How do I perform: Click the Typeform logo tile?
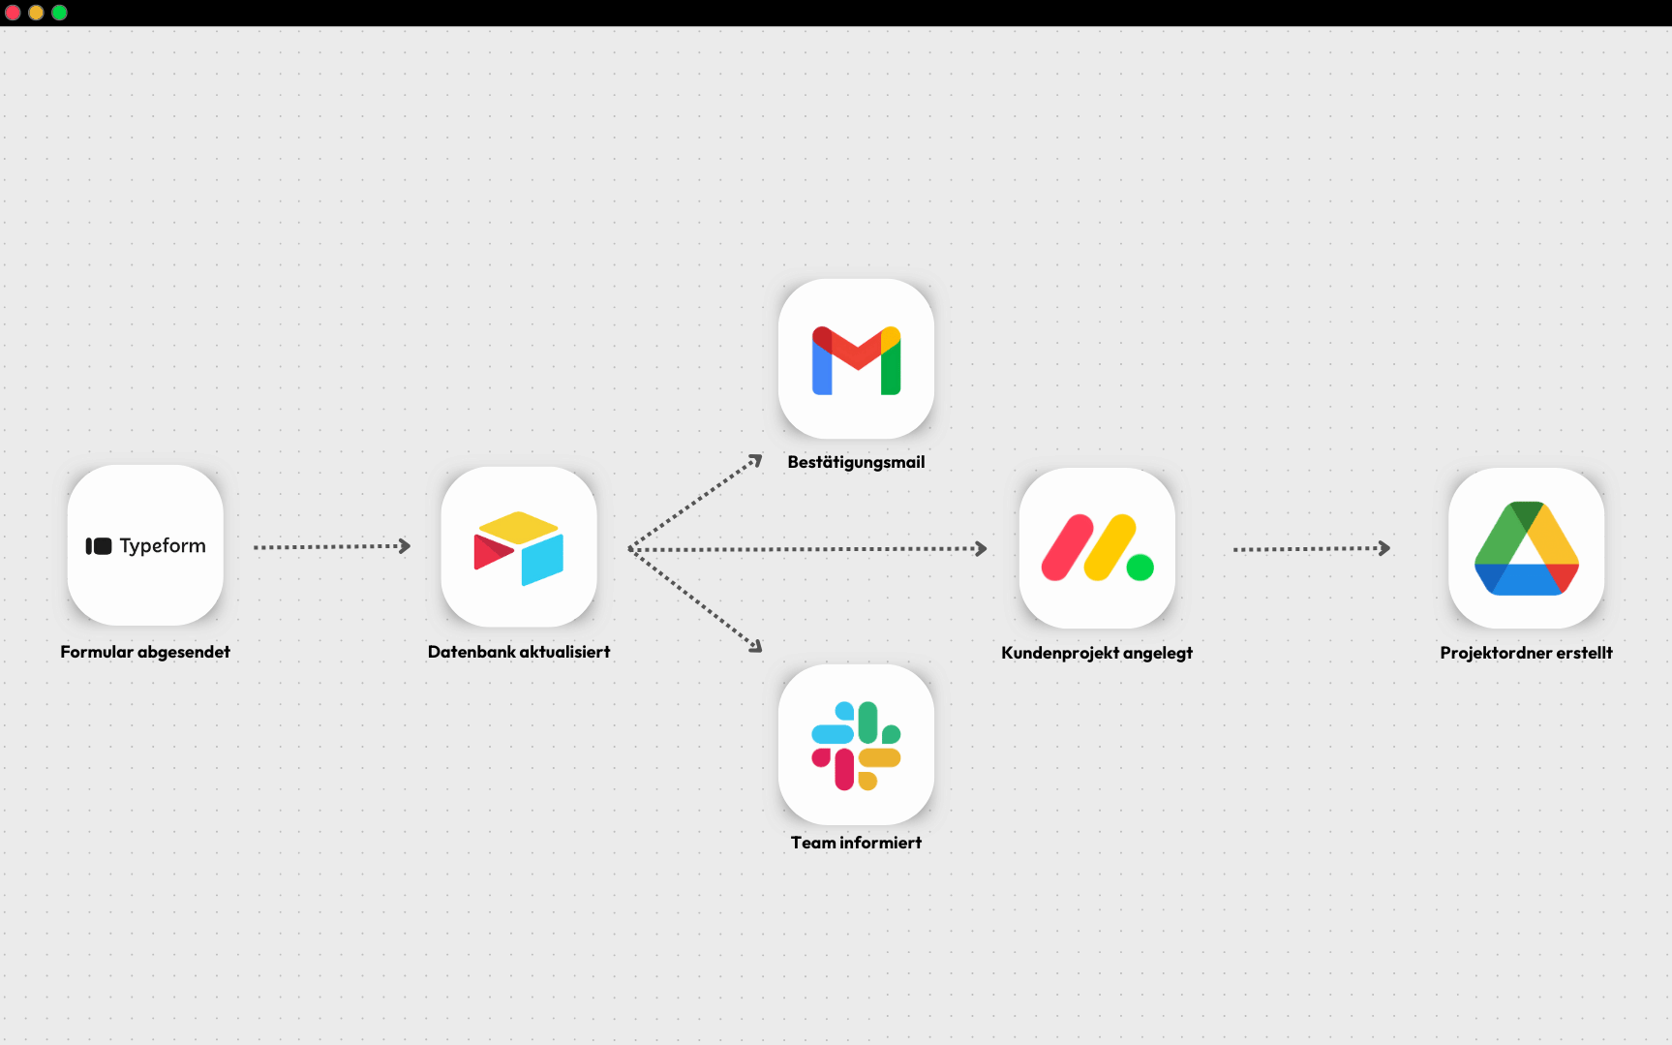click(x=145, y=545)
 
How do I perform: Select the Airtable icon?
click(x=519, y=547)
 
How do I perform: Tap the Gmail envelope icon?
click(x=856, y=359)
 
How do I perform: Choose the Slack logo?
click(x=856, y=745)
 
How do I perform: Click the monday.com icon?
click(x=1097, y=548)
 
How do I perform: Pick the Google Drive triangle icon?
click(x=1526, y=548)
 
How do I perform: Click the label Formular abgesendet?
click(x=145, y=652)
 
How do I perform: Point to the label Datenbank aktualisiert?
click(x=519, y=652)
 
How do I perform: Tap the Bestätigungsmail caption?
click(x=856, y=462)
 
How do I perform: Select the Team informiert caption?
click(x=856, y=843)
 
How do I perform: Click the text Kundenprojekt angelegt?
click(x=1097, y=653)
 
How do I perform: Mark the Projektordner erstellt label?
click(x=1526, y=653)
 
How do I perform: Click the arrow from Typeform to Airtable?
click(x=331, y=547)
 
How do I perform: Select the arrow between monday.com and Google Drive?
click(x=1311, y=549)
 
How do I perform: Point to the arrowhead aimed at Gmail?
click(x=755, y=461)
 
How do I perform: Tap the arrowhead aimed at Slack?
click(x=755, y=645)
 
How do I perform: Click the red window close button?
click(x=13, y=13)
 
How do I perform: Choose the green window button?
click(x=59, y=13)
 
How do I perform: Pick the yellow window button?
click(x=36, y=13)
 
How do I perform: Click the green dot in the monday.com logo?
click(x=1140, y=568)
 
